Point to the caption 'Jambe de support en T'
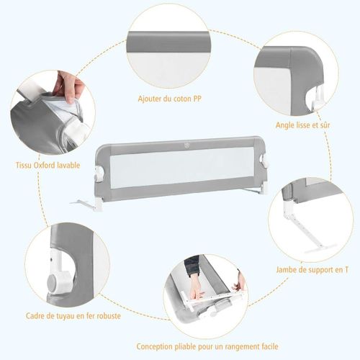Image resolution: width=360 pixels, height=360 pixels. [x=312, y=269]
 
